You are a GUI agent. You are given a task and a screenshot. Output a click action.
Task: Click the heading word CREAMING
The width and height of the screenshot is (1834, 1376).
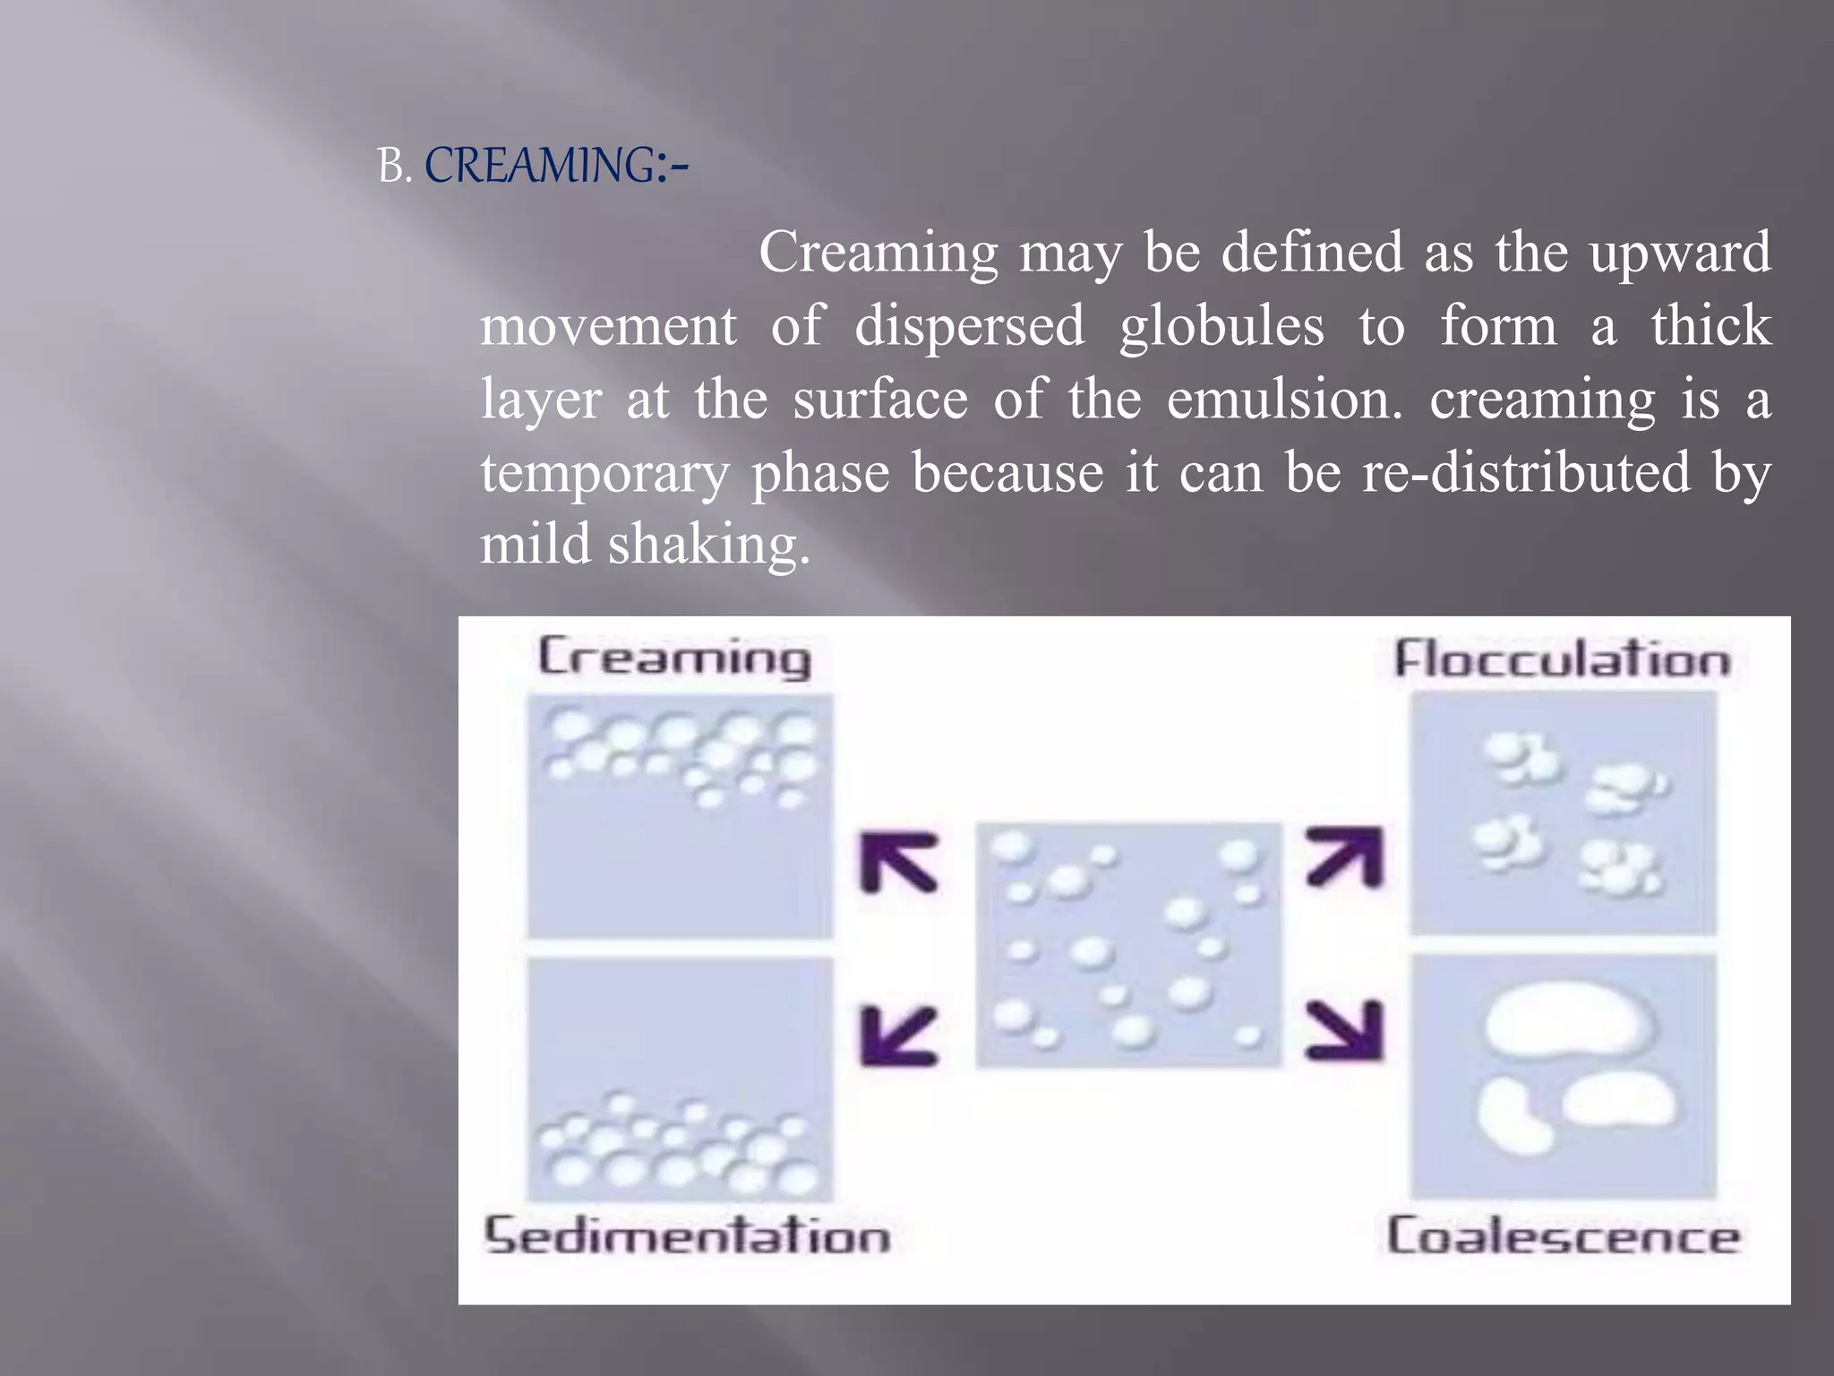point(540,167)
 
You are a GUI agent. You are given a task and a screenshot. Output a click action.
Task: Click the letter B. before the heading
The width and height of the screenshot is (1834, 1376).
point(393,167)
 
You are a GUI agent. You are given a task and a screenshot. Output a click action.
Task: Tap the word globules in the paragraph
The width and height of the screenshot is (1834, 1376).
point(1221,326)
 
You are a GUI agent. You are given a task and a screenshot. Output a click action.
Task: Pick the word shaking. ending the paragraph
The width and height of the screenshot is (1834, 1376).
point(709,545)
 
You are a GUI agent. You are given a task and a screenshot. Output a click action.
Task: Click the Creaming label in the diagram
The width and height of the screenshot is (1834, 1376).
point(674,658)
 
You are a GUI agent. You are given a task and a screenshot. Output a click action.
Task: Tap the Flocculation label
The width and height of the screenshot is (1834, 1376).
point(1562,660)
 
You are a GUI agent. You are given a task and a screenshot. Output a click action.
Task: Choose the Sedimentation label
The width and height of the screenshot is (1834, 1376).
point(687,1235)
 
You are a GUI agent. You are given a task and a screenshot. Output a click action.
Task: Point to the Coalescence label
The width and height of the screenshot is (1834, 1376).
point(1563,1236)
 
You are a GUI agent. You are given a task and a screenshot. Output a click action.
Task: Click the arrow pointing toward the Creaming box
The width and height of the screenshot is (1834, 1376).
point(898,863)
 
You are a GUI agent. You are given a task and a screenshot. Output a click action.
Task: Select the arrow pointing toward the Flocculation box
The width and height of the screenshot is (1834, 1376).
point(1345,857)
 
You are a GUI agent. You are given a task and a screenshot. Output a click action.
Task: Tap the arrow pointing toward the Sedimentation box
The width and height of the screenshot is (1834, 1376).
point(898,1036)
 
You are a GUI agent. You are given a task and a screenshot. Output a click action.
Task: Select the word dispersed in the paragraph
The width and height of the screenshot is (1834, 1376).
point(969,326)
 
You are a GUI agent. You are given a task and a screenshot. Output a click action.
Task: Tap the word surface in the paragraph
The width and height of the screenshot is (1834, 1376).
point(880,400)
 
